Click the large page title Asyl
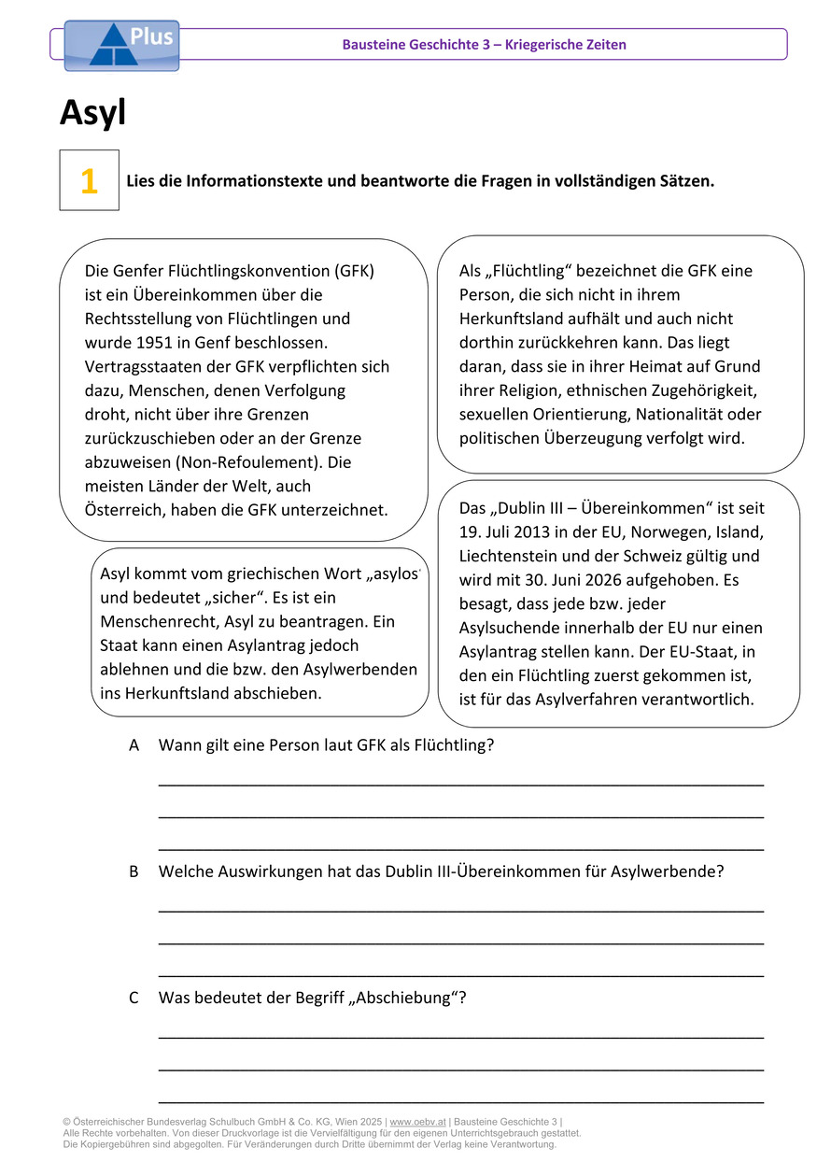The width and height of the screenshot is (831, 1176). coord(92,113)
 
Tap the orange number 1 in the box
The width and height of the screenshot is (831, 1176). coord(89,181)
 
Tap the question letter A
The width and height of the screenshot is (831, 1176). coord(134,745)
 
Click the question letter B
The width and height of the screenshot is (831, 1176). coord(134,871)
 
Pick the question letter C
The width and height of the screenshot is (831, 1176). coord(134,998)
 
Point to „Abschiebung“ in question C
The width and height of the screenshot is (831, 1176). coord(405,998)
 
